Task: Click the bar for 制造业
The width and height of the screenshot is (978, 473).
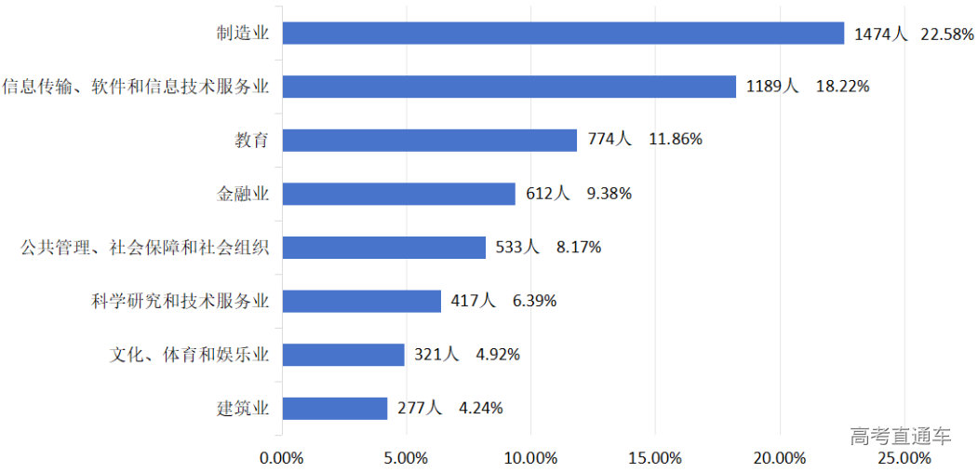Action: (x=563, y=34)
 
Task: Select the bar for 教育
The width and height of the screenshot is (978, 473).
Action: (x=429, y=140)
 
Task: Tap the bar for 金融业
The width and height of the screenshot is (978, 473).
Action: (x=398, y=194)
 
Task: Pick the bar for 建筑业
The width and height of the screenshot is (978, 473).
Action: (x=334, y=408)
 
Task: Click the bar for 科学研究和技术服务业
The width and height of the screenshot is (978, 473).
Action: (x=361, y=301)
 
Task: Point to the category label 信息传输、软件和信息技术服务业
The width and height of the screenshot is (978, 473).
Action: (x=136, y=87)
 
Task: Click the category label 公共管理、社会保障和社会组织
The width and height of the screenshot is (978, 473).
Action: (x=145, y=248)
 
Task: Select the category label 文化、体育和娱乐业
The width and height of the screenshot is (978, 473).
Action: (x=190, y=355)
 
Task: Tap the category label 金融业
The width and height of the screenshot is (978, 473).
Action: (x=243, y=194)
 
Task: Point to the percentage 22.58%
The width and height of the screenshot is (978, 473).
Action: (x=947, y=34)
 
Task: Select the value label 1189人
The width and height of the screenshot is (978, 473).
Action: (x=772, y=87)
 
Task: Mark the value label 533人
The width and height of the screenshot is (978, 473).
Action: (x=517, y=248)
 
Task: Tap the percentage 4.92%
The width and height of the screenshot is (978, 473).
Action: (x=498, y=355)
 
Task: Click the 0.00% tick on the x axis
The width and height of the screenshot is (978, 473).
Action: (x=282, y=458)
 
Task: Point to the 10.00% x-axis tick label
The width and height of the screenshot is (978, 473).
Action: (x=530, y=458)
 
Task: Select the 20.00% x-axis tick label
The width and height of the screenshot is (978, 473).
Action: (x=779, y=458)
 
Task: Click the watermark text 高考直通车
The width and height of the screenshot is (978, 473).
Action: (x=900, y=436)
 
